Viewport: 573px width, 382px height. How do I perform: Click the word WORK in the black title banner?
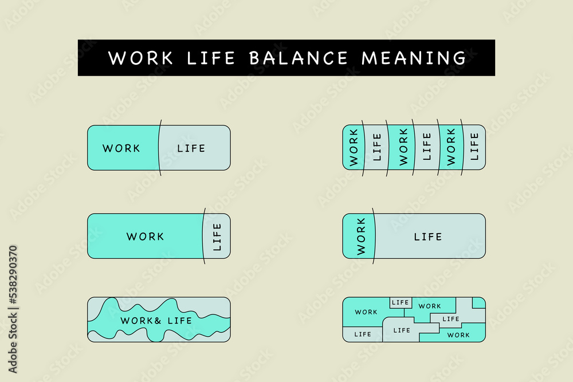(x=141, y=58)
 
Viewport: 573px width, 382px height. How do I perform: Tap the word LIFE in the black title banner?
(x=210, y=58)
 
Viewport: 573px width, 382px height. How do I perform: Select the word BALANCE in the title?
(x=299, y=58)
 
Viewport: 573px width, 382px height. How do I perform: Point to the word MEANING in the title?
(x=414, y=58)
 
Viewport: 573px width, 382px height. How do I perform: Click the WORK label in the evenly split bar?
(x=121, y=148)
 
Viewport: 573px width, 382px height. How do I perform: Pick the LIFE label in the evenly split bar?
(x=191, y=148)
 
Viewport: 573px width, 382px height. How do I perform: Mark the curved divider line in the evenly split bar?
(x=160, y=148)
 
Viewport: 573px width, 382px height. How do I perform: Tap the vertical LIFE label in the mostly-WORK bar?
(x=217, y=237)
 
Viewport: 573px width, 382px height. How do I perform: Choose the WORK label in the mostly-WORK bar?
(x=145, y=237)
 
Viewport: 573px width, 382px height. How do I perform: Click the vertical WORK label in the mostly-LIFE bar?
(x=361, y=237)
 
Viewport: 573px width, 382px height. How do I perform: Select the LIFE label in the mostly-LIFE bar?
(x=428, y=237)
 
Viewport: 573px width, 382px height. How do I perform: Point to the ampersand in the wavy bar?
(x=158, y=321)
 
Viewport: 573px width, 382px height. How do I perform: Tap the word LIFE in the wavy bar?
(x=179, y=321)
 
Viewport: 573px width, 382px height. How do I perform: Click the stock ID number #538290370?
(x=13, y=275)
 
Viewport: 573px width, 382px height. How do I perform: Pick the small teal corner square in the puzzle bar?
(x=479, y=303)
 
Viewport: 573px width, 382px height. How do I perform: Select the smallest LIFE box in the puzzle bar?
(x=401, y=302)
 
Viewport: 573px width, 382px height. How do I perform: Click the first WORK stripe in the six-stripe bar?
(x=354, y=148)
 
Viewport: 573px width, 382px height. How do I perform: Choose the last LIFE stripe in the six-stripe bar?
(x=474, y=148)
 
